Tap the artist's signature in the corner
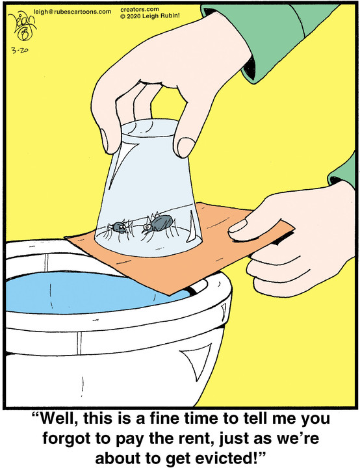pos(21,27)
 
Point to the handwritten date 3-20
pos(20,50)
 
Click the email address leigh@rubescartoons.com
pos(72,12)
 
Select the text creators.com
pos(140,10)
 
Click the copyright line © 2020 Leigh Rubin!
pos(150,16)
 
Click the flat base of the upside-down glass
pos(148,129)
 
